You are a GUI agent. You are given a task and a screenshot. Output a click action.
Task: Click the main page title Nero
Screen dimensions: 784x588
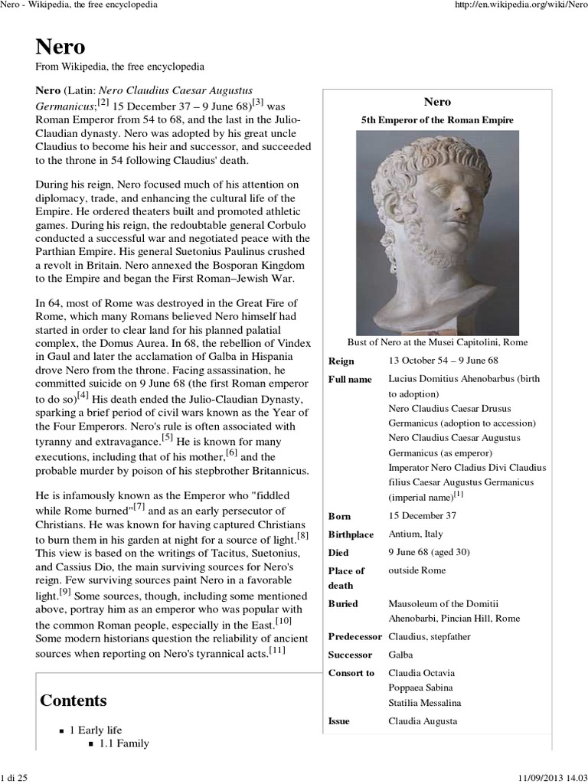pos(60,47)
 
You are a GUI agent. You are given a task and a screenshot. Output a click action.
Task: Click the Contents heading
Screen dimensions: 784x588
pos(73,700)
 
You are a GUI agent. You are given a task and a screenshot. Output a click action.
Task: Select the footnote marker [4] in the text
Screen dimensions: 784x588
pos(83,396)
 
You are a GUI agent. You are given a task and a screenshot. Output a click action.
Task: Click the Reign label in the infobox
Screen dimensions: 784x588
pos(341,361)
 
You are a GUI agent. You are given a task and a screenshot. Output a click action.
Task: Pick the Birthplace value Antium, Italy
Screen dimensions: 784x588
pos(416,534)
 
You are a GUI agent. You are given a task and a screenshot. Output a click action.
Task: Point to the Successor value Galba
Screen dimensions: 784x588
pos(401,655)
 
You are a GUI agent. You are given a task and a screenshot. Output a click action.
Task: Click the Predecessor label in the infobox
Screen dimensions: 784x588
pos(354,637)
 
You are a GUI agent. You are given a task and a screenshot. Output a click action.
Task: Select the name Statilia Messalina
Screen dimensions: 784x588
pos(425,703)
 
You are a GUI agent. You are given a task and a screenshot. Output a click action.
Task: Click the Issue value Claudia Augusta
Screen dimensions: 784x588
pos(423,721)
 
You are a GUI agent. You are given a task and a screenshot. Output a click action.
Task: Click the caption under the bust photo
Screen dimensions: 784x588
pos(437,341)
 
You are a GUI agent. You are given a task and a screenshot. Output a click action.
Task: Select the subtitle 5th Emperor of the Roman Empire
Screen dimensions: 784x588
pos(437,120)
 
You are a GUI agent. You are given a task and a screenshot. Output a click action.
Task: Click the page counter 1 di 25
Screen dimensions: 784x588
pos(15,777)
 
